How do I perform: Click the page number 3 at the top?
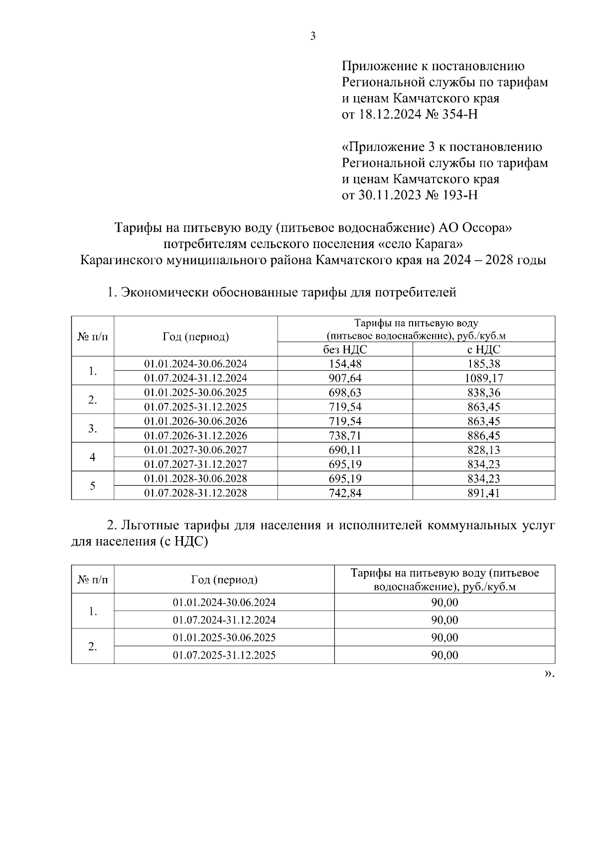click(x=313, y=36)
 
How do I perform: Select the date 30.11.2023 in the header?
click(x=389, y=195)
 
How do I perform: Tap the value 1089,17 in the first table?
click(x=483, y=378)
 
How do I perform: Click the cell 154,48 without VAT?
click(x=345, y=364)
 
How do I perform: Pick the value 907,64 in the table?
click(x=345, y=378)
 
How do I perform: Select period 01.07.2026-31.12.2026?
click(x=195, y=435)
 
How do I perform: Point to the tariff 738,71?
click(x=345, y=435)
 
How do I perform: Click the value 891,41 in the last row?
click(x=483, y=493)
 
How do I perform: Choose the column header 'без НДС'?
click(x=345, y=349)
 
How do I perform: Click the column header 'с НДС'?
click(x=483, y=349)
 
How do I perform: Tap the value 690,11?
click(x=345, y=450)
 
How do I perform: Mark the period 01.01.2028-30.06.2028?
click(x=195, y=479)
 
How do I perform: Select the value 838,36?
click(x=483, y=393)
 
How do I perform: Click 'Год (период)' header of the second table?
click(x=224, y=579)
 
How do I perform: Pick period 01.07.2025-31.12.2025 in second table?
click(x=224, y=655)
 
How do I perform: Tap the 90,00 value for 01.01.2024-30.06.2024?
click(x=445, y=602)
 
